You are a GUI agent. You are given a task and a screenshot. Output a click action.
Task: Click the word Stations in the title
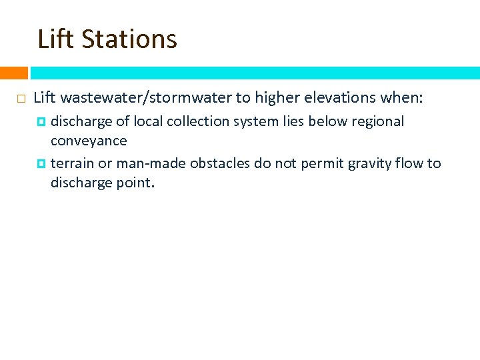pyautogui.click(x=130, y=39)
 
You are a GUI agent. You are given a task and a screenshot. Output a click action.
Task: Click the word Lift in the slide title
pyautogui.click(x=56, y=39)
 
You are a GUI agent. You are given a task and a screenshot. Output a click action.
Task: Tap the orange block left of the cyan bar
pyautogui.click(x=13, y=73)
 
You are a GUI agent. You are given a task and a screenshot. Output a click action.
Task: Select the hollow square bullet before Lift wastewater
pyautogui.click(x=20, y=99)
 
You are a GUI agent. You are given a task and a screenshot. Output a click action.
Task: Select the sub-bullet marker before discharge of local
pyautogui.click(x=41, y=122)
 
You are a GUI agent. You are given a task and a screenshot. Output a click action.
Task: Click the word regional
pyautogui.click(x=377, y=121)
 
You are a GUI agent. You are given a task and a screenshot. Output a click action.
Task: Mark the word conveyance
pyautogui.click(x=89, y=141)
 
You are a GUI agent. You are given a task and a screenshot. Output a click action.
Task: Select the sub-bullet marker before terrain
pyautogui.click(x=41, y=164)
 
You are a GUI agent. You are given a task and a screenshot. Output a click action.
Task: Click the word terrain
pyautogui.click(x=72, y=163)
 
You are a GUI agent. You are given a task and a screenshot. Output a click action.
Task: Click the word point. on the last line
pyautogui.click(x=137, y=183)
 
